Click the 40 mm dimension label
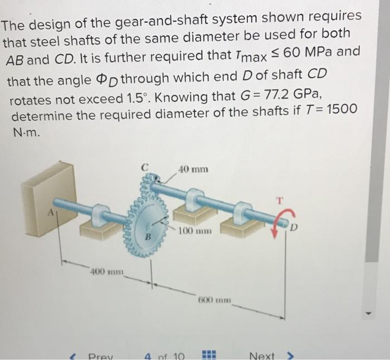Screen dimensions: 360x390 tap(194, 169)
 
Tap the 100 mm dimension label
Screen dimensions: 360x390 tap(193, 230)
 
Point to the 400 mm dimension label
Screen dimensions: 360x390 tap(108, 273)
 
